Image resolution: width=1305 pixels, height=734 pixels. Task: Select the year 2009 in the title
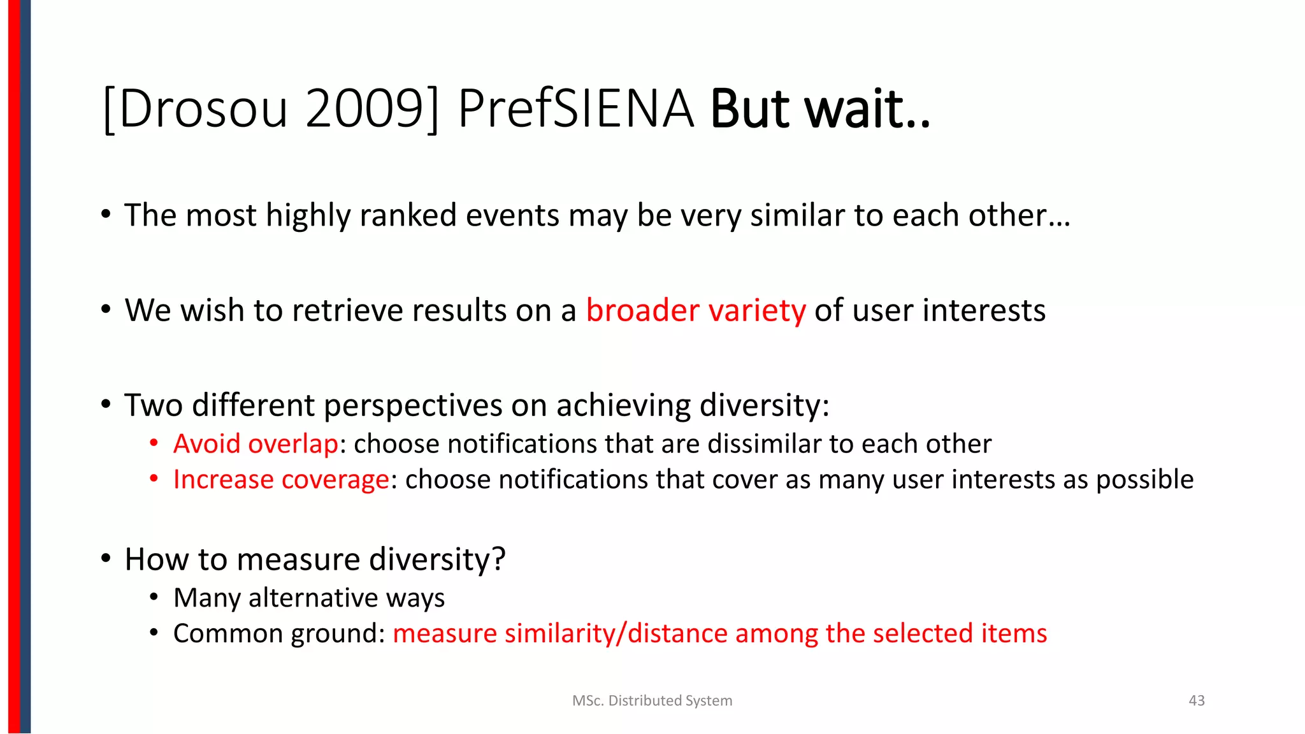click(x=364, y=109)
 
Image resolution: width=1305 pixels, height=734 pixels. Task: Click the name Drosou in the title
click(x=203, y=109)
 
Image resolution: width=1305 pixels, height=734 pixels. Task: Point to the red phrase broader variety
click(x=696, y=310)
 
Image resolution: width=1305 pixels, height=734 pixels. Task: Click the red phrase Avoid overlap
click(x=256, y=443)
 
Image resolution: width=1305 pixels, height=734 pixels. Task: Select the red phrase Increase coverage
click(x=281, y=479)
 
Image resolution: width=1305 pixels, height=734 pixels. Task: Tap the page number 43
click(x=1197, y=700)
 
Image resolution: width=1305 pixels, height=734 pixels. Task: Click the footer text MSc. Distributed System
click(x=652, y=700)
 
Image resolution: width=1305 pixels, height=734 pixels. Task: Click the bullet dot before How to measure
click(x=106, y=559)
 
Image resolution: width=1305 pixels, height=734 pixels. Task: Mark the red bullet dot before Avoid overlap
click(x=154, y=443)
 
